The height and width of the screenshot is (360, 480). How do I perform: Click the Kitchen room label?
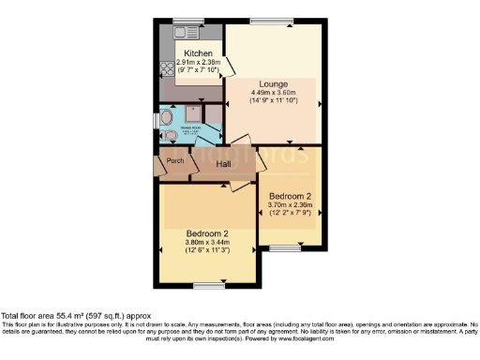(198, 53)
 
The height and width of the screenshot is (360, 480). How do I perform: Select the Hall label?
(224, 165)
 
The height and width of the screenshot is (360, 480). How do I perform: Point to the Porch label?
(174, 160)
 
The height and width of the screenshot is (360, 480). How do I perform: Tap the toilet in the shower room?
(170, 135)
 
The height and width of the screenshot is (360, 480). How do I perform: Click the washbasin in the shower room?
(164, 118)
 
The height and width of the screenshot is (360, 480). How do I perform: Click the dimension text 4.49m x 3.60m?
(274, 93)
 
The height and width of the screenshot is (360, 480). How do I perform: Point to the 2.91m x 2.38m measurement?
(198, 62)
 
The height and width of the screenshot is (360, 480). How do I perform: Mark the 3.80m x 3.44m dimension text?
(207, 242)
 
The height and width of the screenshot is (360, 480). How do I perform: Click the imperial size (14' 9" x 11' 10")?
(274, 101)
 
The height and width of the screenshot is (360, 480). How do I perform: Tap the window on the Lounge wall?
(276, 21)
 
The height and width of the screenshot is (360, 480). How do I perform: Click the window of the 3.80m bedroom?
(206, 284)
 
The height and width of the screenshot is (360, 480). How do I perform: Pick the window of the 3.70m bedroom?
(286, 248)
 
